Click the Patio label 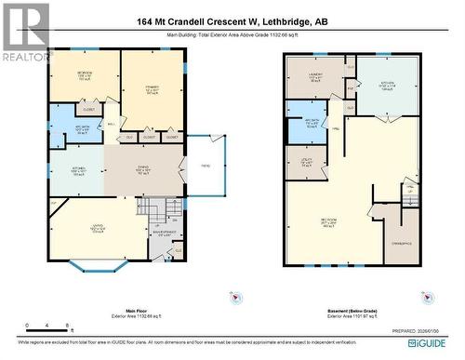click(206, 166)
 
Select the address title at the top click(232, 21)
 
